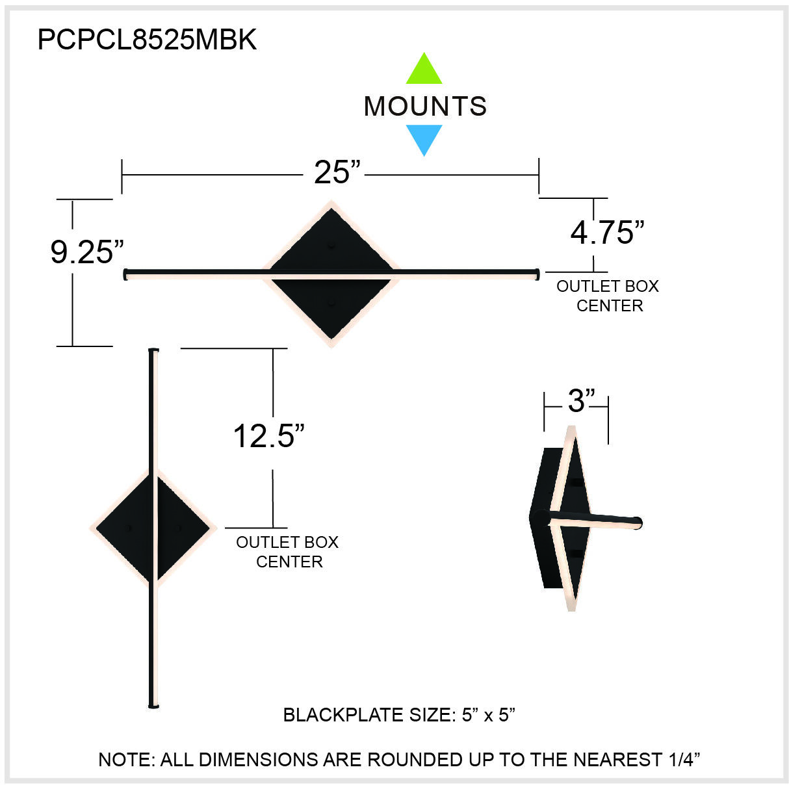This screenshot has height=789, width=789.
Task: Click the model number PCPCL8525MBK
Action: tap(147, 40)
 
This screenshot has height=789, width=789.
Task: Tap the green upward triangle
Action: tap(424, 70)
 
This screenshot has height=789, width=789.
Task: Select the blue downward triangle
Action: tap(424, 139)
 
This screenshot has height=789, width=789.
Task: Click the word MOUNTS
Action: tap(425, 107)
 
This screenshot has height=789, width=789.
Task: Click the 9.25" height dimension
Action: tap(86, 252)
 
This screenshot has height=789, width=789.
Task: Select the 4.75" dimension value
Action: tap(607, 233)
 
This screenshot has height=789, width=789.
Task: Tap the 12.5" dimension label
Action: tap(268, 436)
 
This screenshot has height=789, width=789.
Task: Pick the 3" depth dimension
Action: tap(581, 401)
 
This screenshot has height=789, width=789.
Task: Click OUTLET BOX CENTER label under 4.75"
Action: tap(608, 296)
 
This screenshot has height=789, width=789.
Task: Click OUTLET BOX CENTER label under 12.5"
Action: tap(287, 552)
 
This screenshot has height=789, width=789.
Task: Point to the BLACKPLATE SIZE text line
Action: tap(399, 715)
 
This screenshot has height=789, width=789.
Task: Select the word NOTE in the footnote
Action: tap(125, 759)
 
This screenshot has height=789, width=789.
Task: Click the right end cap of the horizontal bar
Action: tap(536, 274)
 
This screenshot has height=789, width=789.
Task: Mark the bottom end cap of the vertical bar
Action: tap(153, 705)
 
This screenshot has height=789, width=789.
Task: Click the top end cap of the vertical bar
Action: tap(153, 351)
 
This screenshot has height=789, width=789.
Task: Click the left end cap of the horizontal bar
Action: tap(125, 274)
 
